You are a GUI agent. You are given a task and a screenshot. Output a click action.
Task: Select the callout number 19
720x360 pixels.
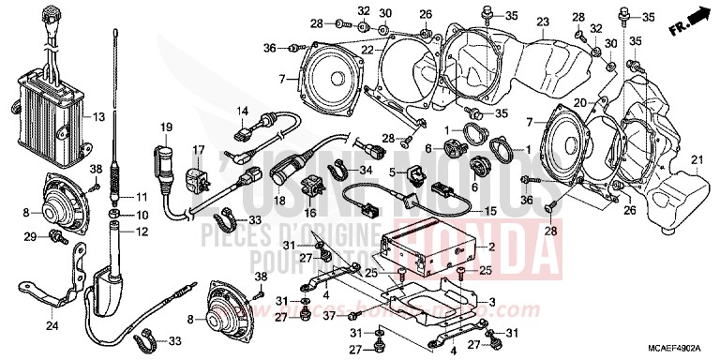click(167, 127)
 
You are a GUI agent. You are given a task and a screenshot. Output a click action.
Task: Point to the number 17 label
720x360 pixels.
click(199, 150)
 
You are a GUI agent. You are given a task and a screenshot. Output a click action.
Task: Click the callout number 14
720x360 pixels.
click(242, 112)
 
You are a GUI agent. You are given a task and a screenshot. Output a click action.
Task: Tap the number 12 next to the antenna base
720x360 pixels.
click(142, 232)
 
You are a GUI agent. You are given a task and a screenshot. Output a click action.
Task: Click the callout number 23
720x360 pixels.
click(542, 21)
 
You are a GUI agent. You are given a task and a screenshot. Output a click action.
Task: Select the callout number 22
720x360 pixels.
click(368, 50)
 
